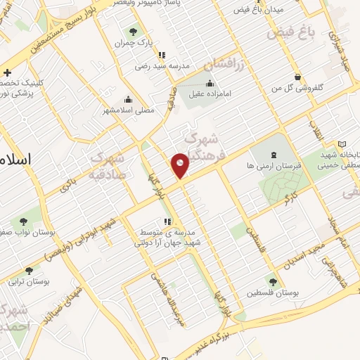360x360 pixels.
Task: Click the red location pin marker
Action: pyautogui.click(x=181, y=165)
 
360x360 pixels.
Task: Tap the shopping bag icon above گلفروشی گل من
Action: pyautogui.click(x=299, y=77)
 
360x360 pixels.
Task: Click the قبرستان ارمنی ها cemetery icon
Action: pyautogui.click(x=274, y=154)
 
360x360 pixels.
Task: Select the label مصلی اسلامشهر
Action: pyautogui.click(x=127, y=110)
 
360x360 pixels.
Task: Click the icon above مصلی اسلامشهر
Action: pyautogui.click(x=127, y=99)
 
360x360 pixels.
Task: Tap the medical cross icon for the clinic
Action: pyautogui.click(x=7, y=72)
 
